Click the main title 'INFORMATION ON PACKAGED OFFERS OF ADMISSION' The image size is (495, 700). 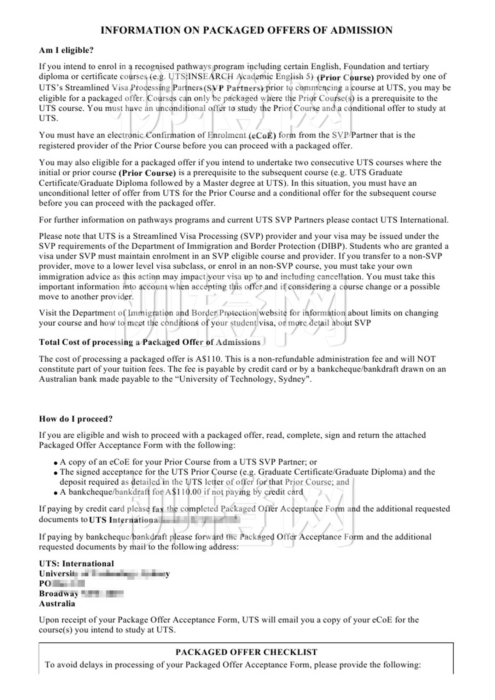point(246,30)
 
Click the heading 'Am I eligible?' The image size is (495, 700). point(66,50)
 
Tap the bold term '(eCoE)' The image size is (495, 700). point(262,135)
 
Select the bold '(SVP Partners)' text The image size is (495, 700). point(234,88)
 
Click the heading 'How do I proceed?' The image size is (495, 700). point(76,419)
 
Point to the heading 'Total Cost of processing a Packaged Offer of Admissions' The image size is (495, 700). point(150,342)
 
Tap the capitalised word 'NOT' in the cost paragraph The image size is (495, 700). point(427,359)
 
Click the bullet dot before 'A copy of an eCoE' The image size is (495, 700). point(56,463)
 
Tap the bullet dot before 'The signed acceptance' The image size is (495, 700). point(56,473)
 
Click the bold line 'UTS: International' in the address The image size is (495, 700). point(76,564)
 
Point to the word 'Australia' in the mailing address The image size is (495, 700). point(57,603)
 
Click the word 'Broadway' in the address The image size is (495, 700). point(59,594)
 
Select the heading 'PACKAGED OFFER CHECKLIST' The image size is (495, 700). point(246,652)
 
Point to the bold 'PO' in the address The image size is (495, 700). point(45,584)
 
